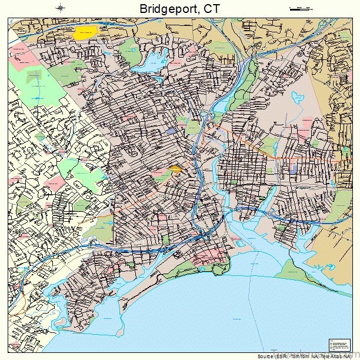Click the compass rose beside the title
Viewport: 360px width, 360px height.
(x=61, y=8)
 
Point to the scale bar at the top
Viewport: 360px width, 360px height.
(x=302, y=8)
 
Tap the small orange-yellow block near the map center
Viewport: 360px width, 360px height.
(x=175, y=170)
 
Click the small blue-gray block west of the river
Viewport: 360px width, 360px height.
(x=171, y=131)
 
